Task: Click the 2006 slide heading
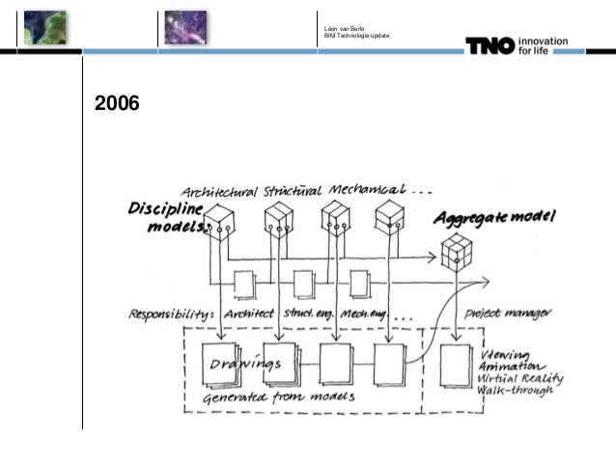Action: tap(116, 103)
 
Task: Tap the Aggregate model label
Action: tap(495, 218)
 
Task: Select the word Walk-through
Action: tap(522, 390)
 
